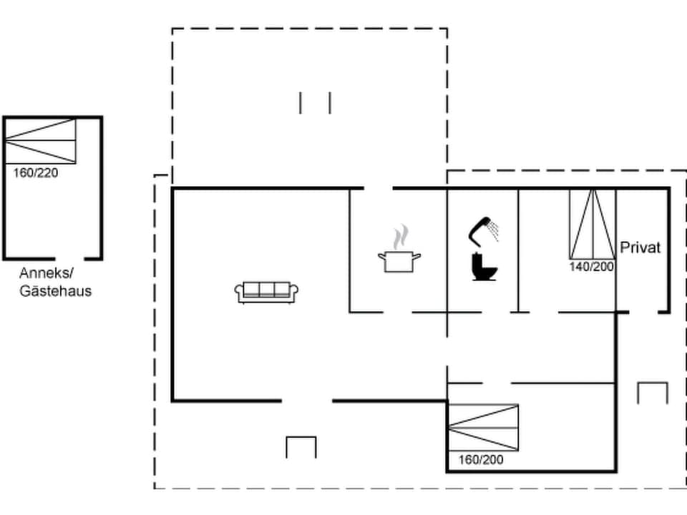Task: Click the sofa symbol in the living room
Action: coord(266,291)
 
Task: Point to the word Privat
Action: coord(640,247)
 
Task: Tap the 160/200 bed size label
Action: coord(481,459)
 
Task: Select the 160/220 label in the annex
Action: coord(36,172)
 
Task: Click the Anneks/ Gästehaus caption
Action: coord(56,282)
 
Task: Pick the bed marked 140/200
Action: coord(593,223)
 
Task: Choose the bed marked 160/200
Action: coord(483,427)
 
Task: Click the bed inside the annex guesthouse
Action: coord(40,142)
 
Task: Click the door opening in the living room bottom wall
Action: coord(307,401)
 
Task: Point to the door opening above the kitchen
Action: coord(379,188)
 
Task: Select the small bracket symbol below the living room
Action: coord(301,446)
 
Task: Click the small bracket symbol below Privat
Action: coord(652,393)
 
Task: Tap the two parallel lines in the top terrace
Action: coord(315,102)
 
